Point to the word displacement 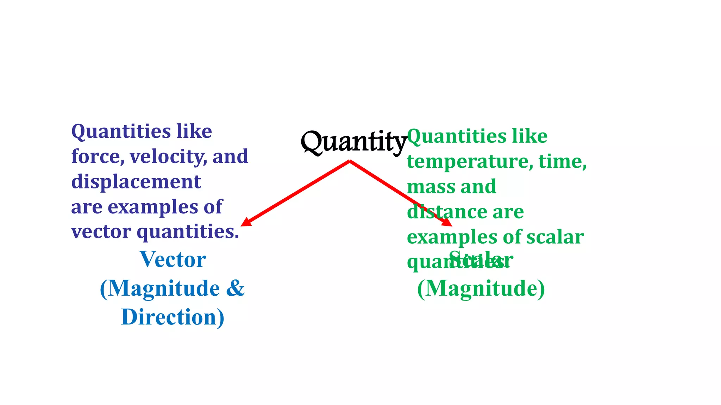coord(136,182)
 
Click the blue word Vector coord(173,259)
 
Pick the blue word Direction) coord(173,317)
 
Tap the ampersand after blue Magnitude coord(235,288)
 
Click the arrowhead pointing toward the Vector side coord(245,223)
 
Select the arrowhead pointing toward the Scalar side coord(447,223)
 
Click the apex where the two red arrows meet coord(350,161)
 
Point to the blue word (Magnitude coord(160,288)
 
